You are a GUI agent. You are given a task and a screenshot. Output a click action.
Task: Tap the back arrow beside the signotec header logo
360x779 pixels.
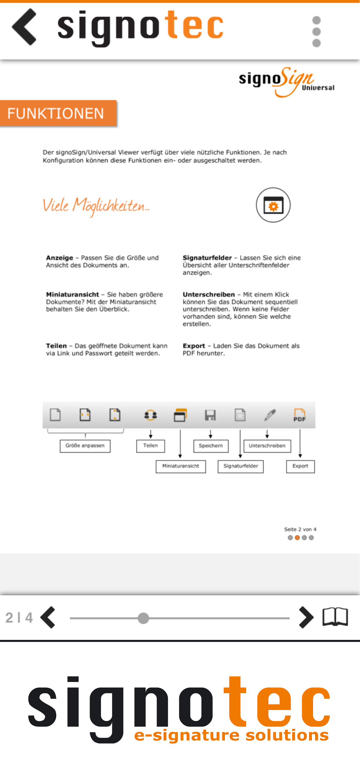click(x=24, y=27)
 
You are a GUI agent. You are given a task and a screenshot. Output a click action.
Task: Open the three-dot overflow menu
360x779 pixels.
click(x=316, y=32)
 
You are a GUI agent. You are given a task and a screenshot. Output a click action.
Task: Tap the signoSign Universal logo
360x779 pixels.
click(x=286, y=82)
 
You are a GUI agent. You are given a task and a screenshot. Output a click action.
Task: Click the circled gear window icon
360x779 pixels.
click(x=273, y=205)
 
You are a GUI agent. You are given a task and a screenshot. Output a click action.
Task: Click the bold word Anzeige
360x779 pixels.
click(x=60, y=258)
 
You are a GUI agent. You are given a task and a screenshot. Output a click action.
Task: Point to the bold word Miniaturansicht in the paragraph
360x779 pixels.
click(x=72, y=294)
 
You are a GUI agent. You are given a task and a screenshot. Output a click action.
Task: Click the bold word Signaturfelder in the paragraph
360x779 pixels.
click(x=207, y=258)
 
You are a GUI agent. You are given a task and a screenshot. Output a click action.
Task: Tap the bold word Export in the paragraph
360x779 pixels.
click(x=194, y=346)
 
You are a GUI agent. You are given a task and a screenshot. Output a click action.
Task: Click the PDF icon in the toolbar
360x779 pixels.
click(x=299, y=415)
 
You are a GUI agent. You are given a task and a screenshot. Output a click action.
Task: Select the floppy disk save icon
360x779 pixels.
click(x=210, y=415)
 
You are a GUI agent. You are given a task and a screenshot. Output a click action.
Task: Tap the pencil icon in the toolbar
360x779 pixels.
click(x=270, y=415)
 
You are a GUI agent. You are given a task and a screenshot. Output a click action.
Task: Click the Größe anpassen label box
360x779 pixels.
click(x=85, y=446)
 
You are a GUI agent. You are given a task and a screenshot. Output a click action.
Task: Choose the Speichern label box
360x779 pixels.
click(x=211, y=446)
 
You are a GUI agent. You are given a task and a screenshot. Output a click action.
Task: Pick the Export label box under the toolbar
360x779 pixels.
click(x=300, y=466)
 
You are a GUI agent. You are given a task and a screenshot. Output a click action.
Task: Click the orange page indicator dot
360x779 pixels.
click(x=297, y=538)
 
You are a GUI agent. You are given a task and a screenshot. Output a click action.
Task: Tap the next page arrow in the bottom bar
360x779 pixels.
click(x=306, y=618)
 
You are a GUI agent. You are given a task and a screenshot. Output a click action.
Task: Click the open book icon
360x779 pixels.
click(x=335, y=617)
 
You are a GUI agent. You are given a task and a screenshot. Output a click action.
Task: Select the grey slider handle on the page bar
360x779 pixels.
click(x=143, y=618)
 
